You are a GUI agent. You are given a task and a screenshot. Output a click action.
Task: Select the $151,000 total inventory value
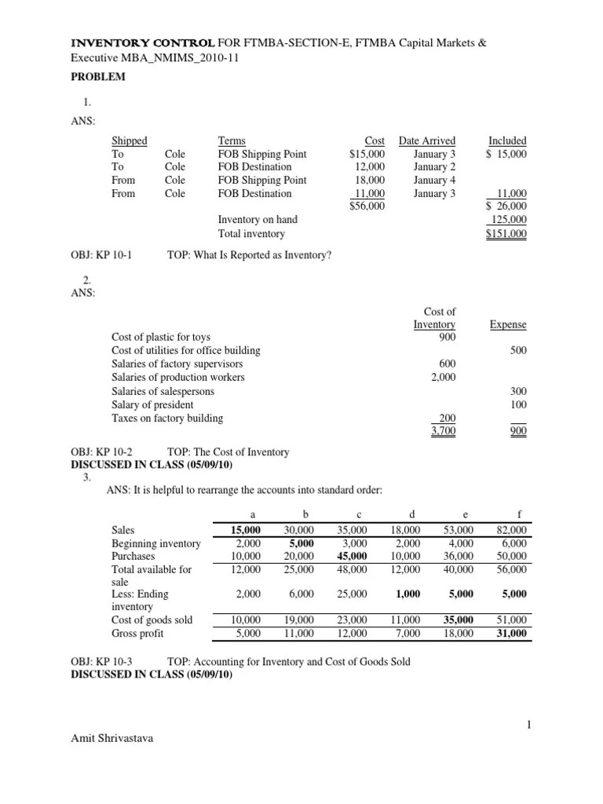pyautogui.click(x=506, y=234)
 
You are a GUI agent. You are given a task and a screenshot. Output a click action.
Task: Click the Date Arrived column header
pyautogui.click(x=426, y=141)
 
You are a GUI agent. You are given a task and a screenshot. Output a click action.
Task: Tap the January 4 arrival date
pyautogui.click(x=434, y=181)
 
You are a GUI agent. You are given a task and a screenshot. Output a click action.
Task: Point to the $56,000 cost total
pyautogui.click(x=367, y=206)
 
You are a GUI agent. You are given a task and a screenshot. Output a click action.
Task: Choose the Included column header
pyautogui.click(x=507, y=141)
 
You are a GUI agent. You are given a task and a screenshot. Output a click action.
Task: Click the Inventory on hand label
pyautogui.click(x=258, y=220)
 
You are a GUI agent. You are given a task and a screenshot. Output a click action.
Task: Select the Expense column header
pyautogui.click(x=508, y=324)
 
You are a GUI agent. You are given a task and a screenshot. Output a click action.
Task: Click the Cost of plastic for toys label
pyautogui.click(x=161, y=338)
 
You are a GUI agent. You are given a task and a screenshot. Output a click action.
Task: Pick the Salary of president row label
pyautogui.click(x=152, y=404)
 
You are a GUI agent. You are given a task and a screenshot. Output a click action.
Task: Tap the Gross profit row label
pyautogui.click(x=138, y=633)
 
